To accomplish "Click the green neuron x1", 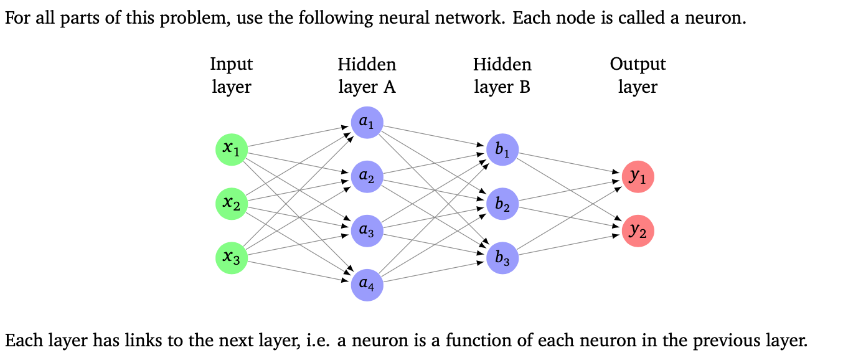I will pos(232,149).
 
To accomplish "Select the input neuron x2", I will pos(232,203).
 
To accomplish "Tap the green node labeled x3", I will pos(232,257).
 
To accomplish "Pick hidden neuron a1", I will pos(367,123).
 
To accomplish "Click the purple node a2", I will pos(367,177).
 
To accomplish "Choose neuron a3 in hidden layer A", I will pos(367,231).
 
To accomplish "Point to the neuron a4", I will pos(367,285).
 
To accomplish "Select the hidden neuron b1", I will pos(502,149).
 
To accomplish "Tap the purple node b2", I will pos(502,204).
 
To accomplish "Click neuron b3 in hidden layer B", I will pos(502,258).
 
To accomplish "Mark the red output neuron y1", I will pos(638,176).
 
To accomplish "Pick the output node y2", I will pos(638,230).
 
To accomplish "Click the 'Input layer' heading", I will pos(232,75).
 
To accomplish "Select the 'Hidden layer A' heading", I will pos(367,75).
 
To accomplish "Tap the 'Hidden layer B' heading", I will pos(502,75).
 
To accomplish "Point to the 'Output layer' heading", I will pos(638,75).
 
